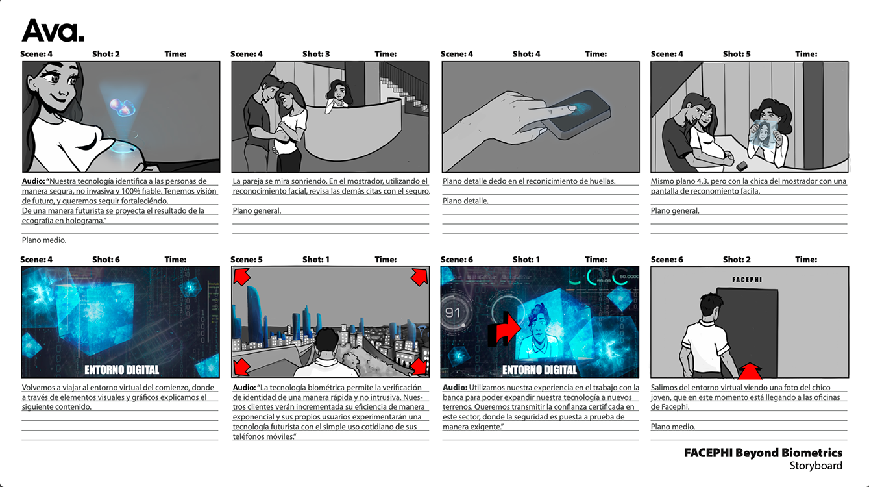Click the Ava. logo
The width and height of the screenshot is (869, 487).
coord(53,31)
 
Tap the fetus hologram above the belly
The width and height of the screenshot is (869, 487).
coord(122,106)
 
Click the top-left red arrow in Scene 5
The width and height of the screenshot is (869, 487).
coord(241,277)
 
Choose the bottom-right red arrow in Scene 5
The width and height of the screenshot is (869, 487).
coord(419,366)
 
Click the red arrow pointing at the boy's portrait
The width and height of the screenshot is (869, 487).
coord(504,329)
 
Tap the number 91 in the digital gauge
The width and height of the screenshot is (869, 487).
coord(452,313)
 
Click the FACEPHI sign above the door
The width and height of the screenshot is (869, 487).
coord(747,280)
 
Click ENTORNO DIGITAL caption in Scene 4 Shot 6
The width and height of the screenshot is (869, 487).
coord(122,370)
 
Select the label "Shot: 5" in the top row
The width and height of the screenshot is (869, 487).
coord(737,54)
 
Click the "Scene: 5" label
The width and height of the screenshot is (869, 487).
coord(247,260)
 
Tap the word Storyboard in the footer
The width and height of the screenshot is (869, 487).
coord(816,466)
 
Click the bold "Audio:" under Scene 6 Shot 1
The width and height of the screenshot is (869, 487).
coord(455,387)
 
